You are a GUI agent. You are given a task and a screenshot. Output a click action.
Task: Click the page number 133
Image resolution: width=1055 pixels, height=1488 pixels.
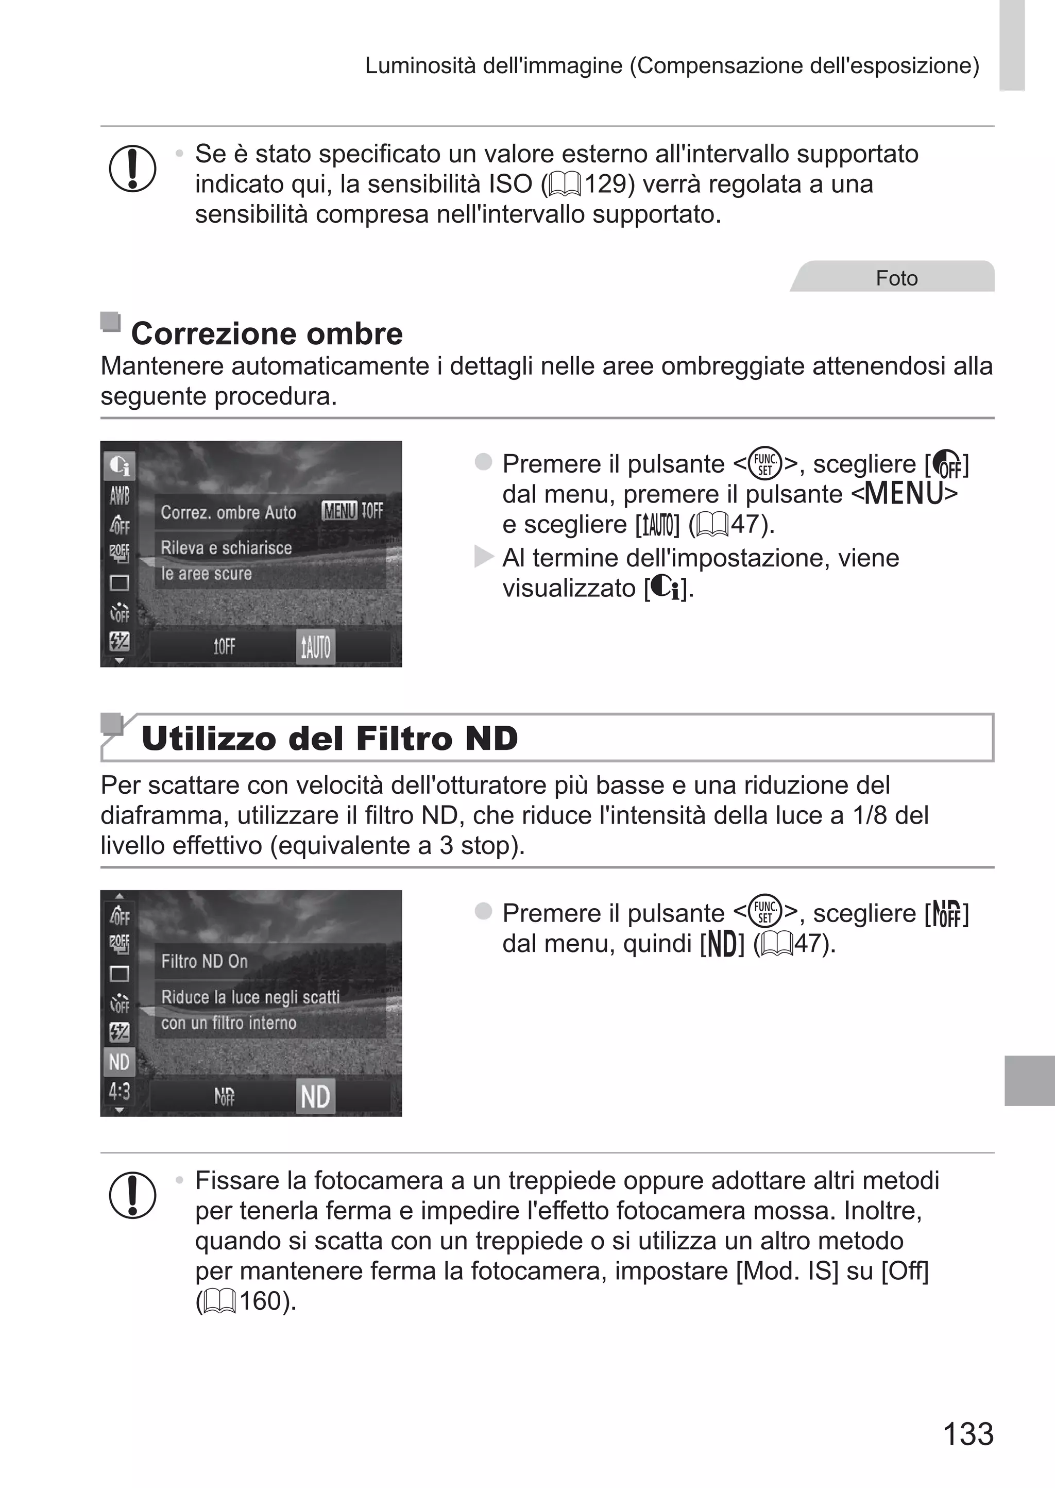(x=967, y=1433)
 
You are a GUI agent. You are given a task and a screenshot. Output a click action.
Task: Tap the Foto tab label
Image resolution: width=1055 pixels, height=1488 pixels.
(x=896, y=278)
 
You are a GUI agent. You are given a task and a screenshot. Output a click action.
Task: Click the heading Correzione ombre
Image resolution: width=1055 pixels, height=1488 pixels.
(x=266, y=334)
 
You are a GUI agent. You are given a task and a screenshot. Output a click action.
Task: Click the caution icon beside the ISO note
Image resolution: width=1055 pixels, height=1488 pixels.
(x=132, y=169)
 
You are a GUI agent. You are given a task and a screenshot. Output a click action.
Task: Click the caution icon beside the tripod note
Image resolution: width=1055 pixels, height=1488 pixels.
(x=132, y=1195)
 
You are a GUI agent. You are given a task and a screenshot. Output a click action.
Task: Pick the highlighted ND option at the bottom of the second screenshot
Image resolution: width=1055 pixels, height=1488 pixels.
(x=315, y=1097)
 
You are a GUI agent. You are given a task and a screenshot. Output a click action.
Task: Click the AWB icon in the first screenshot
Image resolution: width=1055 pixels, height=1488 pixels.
(x=120, y=496)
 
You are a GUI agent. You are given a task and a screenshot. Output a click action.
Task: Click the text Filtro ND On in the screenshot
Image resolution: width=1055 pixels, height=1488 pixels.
(x=205, y=961)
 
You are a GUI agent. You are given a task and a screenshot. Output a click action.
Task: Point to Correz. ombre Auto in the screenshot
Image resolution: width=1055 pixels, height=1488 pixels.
(x=228, y=513)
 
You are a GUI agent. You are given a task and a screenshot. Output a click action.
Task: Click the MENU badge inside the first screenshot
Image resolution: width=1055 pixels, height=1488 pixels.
(x=339, y=511)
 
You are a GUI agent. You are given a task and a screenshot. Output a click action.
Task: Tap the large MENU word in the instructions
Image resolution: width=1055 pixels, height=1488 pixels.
(x=904, y=494)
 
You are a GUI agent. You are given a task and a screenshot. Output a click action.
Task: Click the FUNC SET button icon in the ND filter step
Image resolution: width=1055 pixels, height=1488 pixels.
(x=764, y=912)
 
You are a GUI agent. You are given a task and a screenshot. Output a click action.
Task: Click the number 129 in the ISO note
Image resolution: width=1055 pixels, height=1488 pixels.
(x=605, y=185)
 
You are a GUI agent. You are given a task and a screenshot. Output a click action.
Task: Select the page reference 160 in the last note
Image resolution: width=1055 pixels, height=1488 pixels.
(x=260, y=1301)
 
